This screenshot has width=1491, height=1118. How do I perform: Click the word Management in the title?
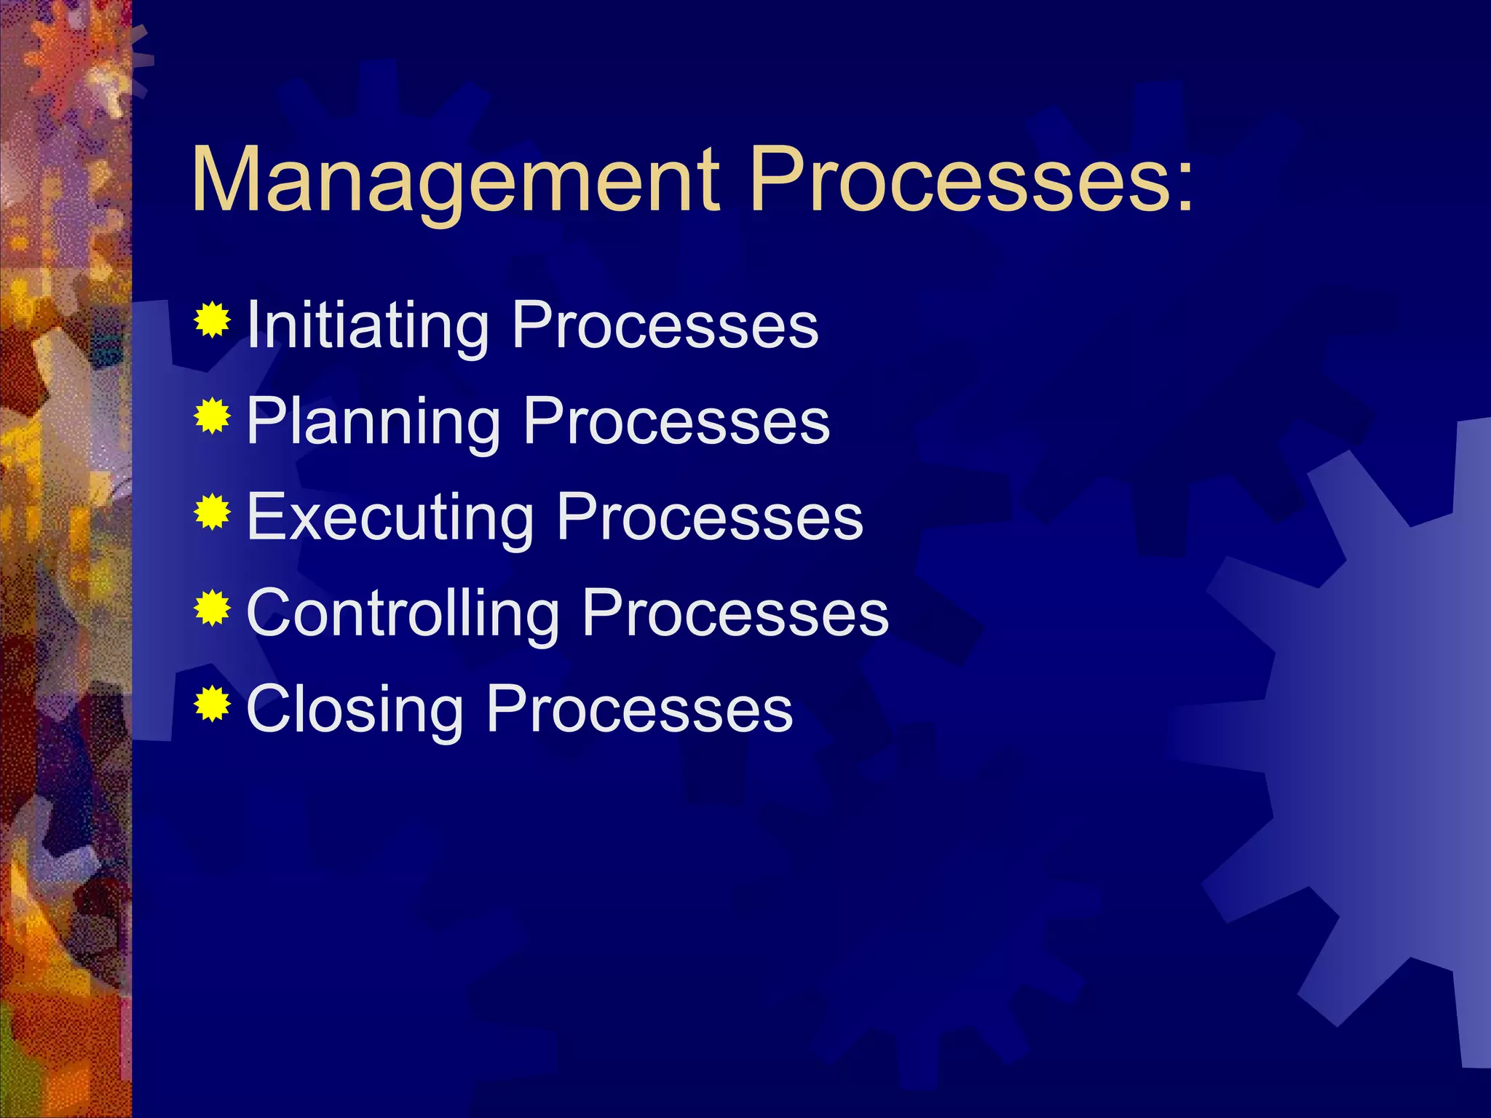(455, 181)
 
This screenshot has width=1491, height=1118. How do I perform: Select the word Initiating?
(368, 325)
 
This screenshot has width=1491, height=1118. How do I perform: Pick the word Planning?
(373, 422)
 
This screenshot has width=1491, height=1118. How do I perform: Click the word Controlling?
(403, 613)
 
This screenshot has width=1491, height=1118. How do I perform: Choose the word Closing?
(355, 709)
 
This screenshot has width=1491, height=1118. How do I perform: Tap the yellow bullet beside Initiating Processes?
(212, 320)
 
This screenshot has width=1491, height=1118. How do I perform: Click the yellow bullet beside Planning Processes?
(212, 416)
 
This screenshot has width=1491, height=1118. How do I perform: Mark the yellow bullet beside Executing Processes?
(212, 512)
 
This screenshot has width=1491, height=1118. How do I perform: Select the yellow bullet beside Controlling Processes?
(212, 608)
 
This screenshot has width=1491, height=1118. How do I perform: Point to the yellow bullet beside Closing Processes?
(212, 704)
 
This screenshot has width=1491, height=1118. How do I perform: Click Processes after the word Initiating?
(665, 325)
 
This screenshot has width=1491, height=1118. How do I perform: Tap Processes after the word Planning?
(676, 422)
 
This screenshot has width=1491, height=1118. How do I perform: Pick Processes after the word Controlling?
(735, 613)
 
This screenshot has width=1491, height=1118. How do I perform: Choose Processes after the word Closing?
(639, 709)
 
